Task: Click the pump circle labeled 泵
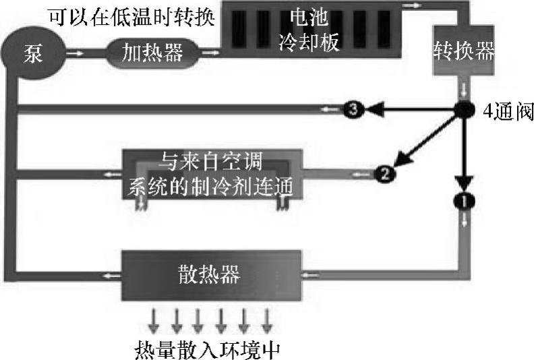tap(34, 52)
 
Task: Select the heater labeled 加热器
tap(154, 53)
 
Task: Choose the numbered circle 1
tap(464, 199)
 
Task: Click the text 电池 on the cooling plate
tap(307, 16)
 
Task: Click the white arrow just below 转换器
tap(464, 90)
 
